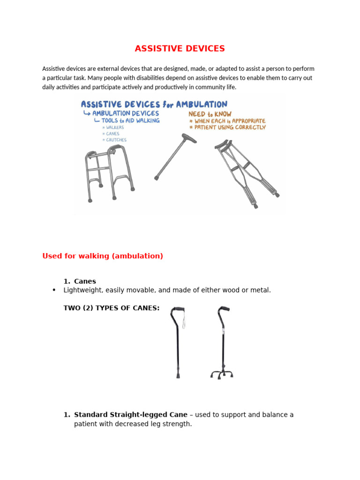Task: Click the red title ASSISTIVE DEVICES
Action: click(180, 49)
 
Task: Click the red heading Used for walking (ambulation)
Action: click(103, 256)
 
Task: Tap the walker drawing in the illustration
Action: click(110, 173)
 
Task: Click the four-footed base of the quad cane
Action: click(222, 374)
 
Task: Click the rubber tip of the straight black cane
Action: click(178, 375)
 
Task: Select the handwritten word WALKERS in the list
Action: click(115, 127)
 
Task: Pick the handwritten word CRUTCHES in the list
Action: click(116, 140)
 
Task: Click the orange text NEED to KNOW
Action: click(210, 114)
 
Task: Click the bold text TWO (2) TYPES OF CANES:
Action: click(112, 308)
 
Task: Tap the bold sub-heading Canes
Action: click(85, 281)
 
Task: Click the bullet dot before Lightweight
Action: click(54, 290)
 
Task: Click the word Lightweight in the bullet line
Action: click(82, 290)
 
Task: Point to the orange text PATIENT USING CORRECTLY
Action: click(229, 127)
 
